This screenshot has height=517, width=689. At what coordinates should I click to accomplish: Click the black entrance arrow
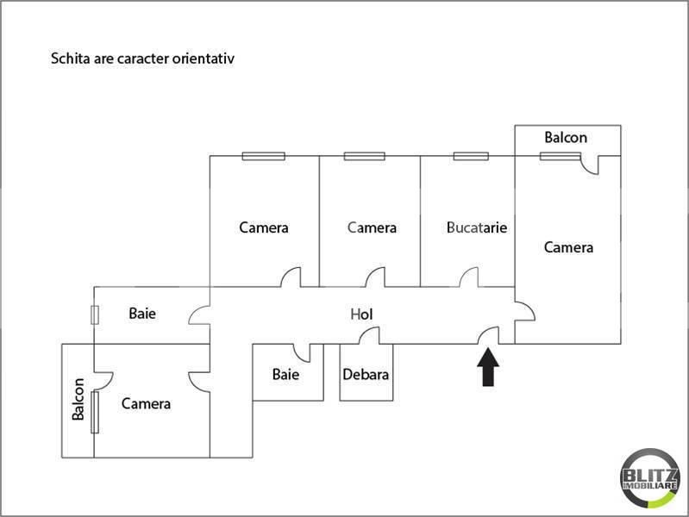pyautogui.click(x=488, y=367)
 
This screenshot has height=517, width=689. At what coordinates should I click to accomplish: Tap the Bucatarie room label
pyautogui.click(x=477, y=227)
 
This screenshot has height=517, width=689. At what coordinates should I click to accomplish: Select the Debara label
pyautogui.click(x=366, y=374)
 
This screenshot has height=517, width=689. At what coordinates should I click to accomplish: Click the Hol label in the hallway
pyautogui.click(x=361, y=314)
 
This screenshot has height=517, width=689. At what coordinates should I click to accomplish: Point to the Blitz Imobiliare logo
pyautogui.click(x=649, y=478)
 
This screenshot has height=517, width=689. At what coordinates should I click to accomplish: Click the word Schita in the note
pyautogui.click(x=71, y=59)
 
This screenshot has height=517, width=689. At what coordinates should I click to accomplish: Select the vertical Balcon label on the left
pyautogui.click(x=78, y=399)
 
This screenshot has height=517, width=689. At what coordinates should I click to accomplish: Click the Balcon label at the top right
pyautogui.click(x=566, y=138)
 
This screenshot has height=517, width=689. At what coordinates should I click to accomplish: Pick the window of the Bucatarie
pyautogui.click(x=471, y=156)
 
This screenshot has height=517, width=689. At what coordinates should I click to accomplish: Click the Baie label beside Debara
pyautogui.click(x=285, y=374)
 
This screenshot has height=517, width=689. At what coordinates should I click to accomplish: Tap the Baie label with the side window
pyautogui.click(x=142, y=313)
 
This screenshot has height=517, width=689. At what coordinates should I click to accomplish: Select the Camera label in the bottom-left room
pyautogui.click(x=146, y=403)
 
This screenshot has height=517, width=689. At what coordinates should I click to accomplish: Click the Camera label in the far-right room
pyautogui.click(x=568, y=247)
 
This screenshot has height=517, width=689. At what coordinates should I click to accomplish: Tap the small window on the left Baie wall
pyautogui.click(x=95, y=315)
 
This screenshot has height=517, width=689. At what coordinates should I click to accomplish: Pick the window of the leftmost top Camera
pyautogui.click(x=264, y=156)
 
